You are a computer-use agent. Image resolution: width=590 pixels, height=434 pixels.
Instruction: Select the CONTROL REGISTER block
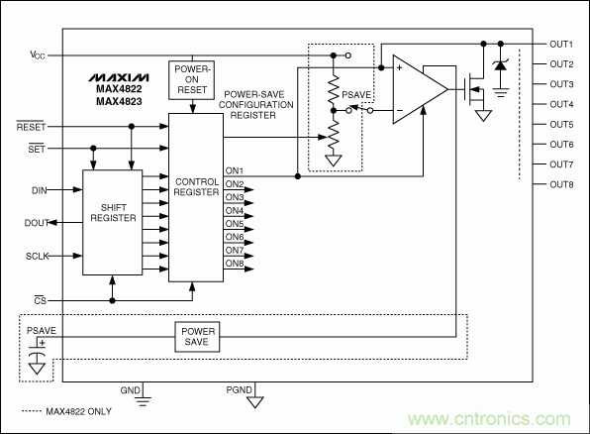click(x=196, y=188)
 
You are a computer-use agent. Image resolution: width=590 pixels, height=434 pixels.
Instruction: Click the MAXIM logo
click(x=117, y=75)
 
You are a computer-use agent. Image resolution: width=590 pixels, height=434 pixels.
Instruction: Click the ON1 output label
click(x=235, y=170)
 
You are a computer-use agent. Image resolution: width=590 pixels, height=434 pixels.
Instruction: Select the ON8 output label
click(x=235, y=262)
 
